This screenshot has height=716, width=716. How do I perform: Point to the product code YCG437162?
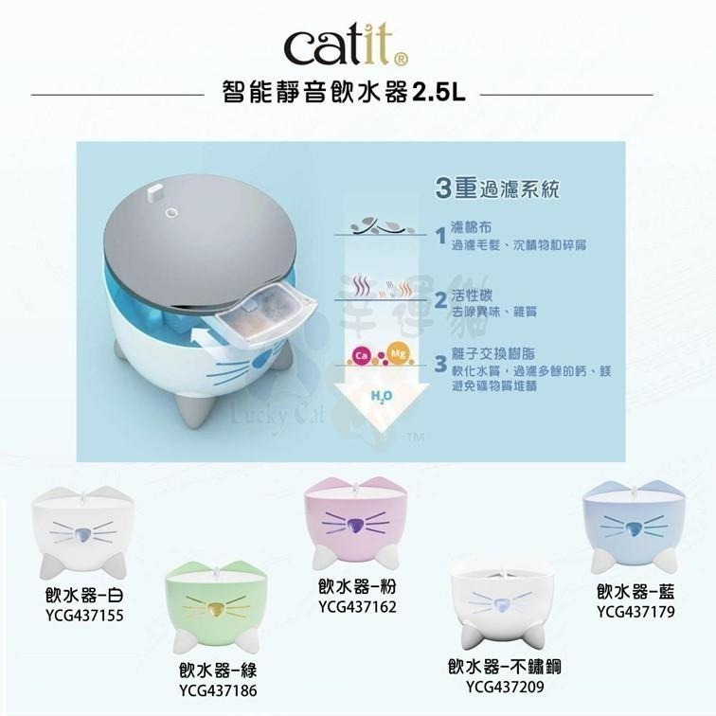pyautogui.click(x=357, y=606)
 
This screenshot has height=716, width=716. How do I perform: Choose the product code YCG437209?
pyautogui.click(x=505, y=684)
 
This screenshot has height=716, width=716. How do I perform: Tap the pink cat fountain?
pyautogui.click(x=354, y=521)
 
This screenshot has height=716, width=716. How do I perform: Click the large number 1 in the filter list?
pyautogui.click(x=441, y=235)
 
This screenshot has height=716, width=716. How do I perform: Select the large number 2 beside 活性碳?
pyautogui.click(x=441, y=300)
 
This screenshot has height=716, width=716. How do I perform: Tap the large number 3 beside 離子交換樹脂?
pyautogui.click(x=441, y=364)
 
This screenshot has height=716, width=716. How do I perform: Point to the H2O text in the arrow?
pyautogui.click(x=376, y=395)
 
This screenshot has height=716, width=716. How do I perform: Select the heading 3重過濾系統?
pyautogui.click(x=497, y=188)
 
